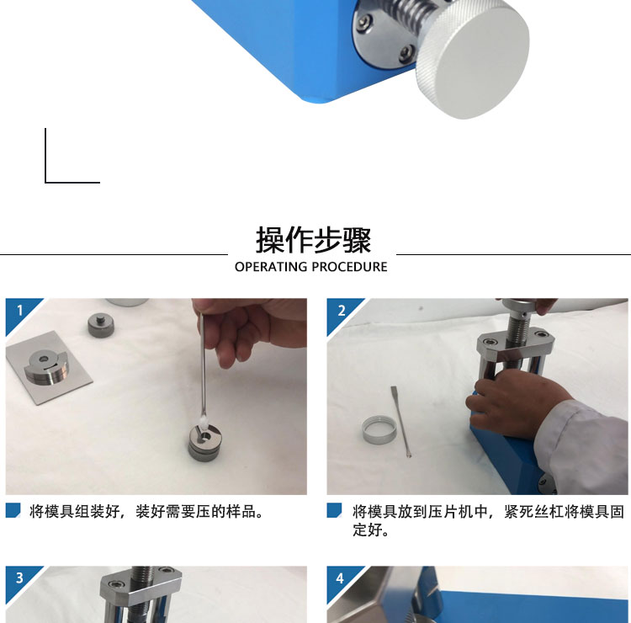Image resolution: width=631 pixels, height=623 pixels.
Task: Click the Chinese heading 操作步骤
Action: (x=314, y=240)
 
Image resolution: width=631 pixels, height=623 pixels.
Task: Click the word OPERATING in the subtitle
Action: (x=271, y=267)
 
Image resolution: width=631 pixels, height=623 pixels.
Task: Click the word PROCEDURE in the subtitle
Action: (x=349, y=267)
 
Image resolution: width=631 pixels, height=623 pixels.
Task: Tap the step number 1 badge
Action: (x=20, y=311)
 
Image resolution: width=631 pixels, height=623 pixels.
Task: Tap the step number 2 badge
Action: (x=342, y=311)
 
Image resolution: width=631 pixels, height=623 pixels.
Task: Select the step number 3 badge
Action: (x=19, y=578)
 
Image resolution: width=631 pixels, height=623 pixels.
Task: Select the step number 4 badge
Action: (x=341, y=578)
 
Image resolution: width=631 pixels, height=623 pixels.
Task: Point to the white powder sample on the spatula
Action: (x=204, y=423)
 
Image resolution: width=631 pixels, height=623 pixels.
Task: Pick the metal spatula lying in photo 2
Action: (x=400, y=422)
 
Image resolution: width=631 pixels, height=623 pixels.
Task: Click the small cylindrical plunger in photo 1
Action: (x=101, y=326)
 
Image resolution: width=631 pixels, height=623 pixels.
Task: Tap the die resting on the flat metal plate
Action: (x=46, y=366)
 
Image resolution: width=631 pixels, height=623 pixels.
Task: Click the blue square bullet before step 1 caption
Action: (x=13, y=510)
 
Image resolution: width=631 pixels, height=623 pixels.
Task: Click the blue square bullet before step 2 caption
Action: (x=334, y=510)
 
